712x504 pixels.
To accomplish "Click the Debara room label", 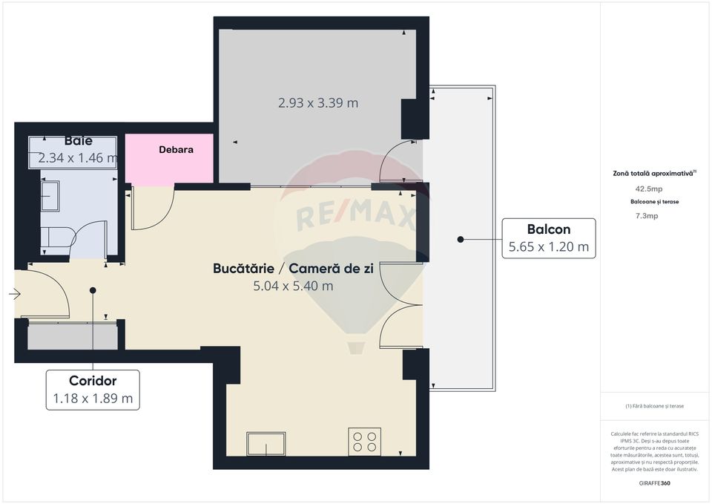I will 176,150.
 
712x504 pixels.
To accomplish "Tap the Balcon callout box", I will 548,238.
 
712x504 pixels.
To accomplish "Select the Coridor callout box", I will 93,390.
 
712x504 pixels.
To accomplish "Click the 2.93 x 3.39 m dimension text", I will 318,103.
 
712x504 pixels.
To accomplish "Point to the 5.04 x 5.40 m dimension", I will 293,285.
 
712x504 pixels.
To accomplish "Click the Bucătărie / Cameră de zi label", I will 293,268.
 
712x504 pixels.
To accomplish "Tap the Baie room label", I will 78,140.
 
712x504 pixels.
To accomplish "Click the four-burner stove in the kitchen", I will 364,441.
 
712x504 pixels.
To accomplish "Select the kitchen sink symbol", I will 268,445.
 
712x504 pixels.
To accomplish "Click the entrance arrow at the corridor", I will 14,295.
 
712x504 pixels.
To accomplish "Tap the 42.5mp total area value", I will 653,189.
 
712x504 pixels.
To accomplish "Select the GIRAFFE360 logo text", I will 653,483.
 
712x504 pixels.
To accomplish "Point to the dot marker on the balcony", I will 461,239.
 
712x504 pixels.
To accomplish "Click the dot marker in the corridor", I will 93,290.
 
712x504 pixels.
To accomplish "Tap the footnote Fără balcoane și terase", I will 653,406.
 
